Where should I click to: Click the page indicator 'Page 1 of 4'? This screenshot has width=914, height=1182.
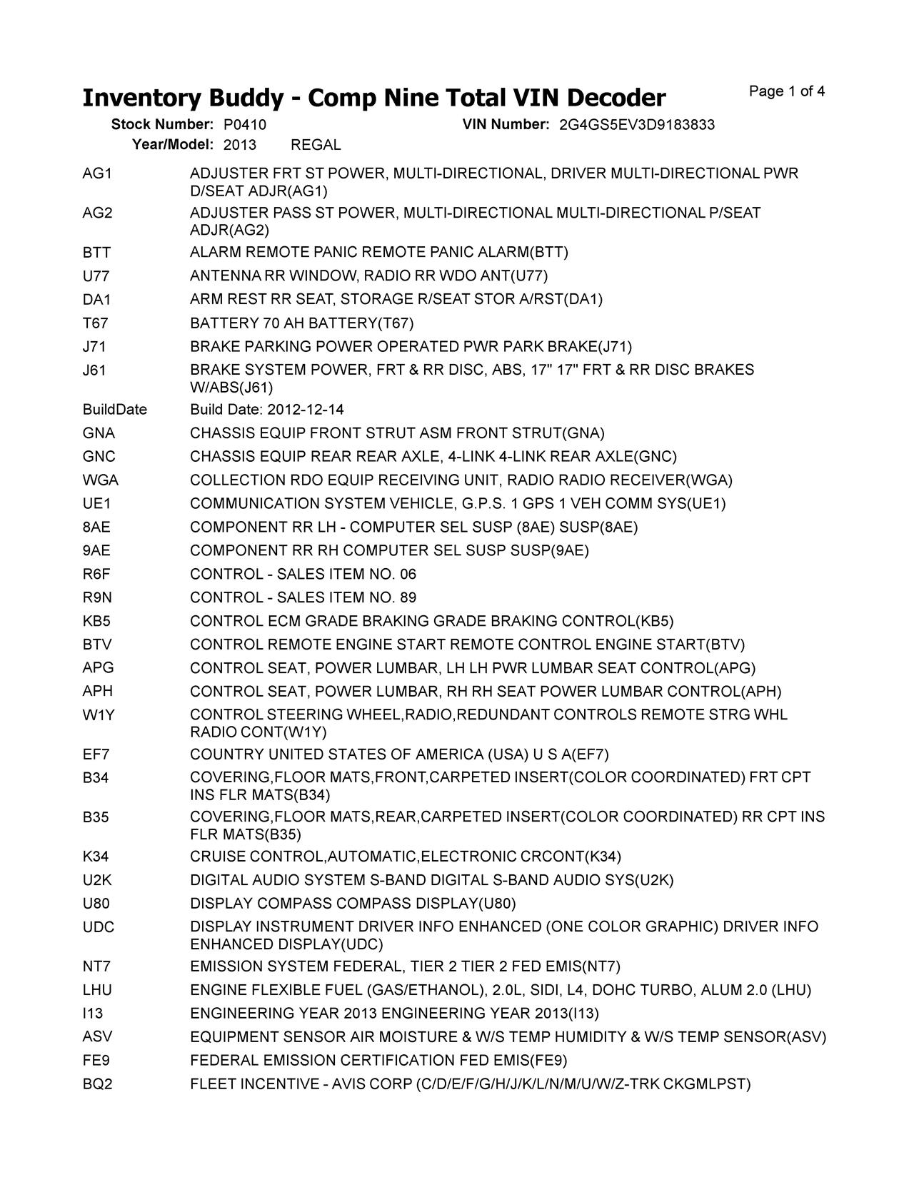[787, 91]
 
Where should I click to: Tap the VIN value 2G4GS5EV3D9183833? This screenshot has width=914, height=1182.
[637, 125]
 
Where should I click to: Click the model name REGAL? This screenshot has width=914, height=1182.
[316, 145]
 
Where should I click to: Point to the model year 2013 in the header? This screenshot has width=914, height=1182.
[240, 145]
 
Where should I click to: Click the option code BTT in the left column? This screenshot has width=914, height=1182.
[96, 253]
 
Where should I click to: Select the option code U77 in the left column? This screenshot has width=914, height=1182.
[96, 276]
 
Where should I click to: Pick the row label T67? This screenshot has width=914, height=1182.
[96, 323]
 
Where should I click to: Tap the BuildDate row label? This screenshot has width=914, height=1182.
[115, 410]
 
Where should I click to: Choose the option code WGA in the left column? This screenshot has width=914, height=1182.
[101, 480]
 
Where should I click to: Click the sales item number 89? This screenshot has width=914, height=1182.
[408, 598]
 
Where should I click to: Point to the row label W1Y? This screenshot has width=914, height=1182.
[99, 715]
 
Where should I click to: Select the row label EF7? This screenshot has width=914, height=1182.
[96, 755]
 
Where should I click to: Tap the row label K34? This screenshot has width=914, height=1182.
[96, 857]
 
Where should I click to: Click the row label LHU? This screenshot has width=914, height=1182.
[98, 991]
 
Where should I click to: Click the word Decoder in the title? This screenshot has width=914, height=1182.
[608, 98]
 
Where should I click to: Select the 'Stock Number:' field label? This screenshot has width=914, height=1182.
[163, 125]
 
